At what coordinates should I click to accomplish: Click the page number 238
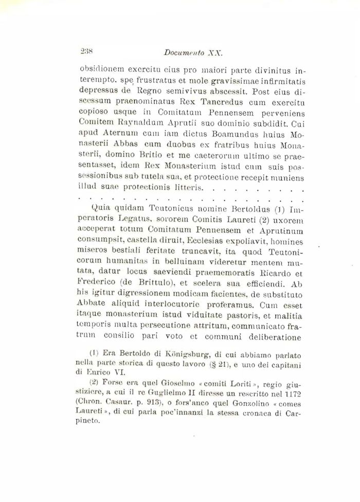(x=86, y=51)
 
